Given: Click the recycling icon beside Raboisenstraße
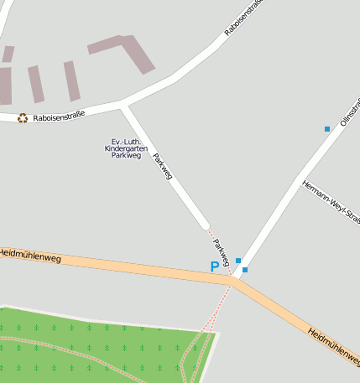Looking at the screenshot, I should tap(23, 118).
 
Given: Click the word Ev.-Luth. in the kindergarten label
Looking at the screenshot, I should tap(126, 141).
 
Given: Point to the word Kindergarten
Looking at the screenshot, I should tap(126, 148).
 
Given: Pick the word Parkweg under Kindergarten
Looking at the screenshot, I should tap(126, 156).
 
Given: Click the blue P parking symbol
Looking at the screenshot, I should tap(215, 267).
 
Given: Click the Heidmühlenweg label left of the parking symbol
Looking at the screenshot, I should tap(31, 255).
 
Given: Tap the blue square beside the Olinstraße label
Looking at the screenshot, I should tap(327, 129).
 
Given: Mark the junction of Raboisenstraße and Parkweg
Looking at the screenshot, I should tap(124, 105).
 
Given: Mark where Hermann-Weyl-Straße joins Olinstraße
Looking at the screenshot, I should tap(299, 179).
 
